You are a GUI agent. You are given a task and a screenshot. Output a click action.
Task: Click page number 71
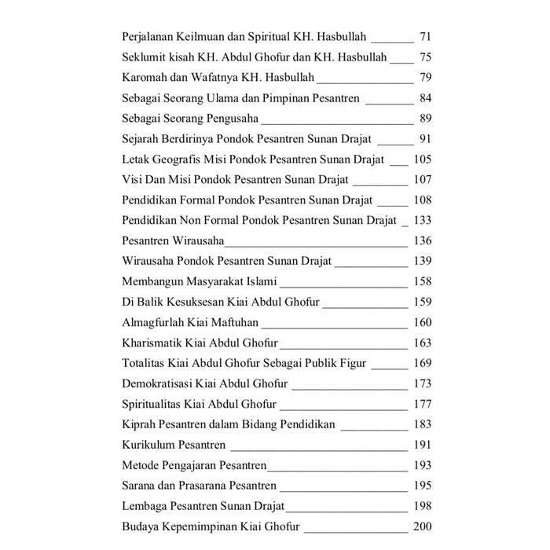tap(426, 37)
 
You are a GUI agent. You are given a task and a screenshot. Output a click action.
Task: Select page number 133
tap(422, 220)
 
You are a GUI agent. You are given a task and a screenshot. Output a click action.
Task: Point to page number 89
tap(426, 119)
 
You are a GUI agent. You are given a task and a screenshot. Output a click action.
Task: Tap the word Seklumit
tap(145, 57)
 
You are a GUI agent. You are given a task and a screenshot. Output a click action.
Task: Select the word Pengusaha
tap(227, 119)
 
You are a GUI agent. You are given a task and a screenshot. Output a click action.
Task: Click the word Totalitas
tap(145, 363)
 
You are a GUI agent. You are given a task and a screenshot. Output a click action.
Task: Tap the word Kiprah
tap(140, 424)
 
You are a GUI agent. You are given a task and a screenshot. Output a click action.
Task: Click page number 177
tap(422, 404)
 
